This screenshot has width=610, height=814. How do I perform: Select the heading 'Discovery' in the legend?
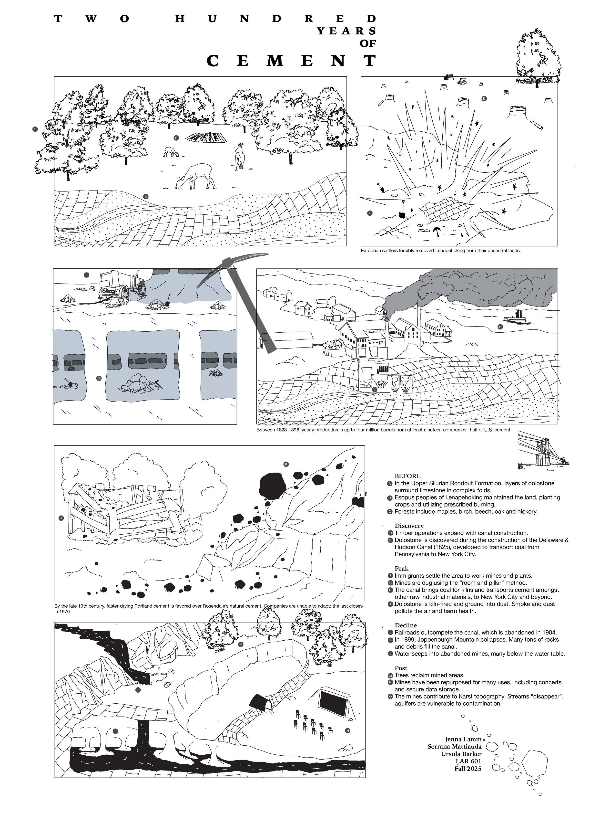click(x=409, y=526)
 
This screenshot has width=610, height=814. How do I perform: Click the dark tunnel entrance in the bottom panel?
click(x=261, y=704)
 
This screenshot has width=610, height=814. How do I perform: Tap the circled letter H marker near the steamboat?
click(x=500, y=327)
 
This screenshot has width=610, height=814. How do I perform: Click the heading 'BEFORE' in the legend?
click(x=407, y=476)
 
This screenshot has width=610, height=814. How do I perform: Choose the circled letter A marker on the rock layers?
click(x=146, y=197)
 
